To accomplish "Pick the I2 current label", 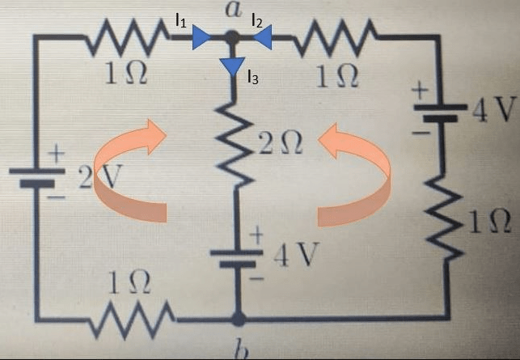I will (257, 21).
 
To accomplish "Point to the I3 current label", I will (253, 78).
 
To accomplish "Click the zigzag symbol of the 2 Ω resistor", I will (235, 146).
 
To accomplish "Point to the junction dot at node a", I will (232, 37).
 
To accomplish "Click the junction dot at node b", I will (237, 318).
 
